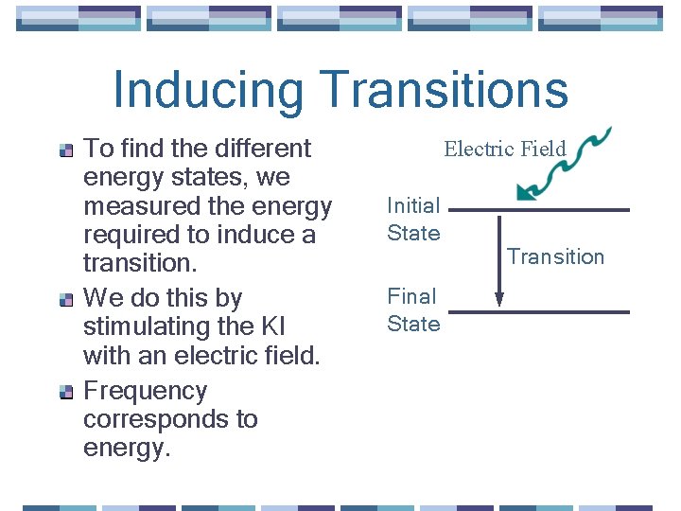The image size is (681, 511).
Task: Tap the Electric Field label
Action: tap(505, 149)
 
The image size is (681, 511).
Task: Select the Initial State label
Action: tap(413, 220)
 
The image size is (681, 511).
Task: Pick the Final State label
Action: tap(413, 310)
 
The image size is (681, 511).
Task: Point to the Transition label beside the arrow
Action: tap(555, 256)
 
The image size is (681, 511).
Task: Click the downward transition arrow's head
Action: tap(499, 300)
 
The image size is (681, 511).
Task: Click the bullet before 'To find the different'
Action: tap(66, 150)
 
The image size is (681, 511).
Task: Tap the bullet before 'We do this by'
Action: tap(66, 299)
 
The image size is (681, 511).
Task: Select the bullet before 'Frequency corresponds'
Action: tap(66, 392)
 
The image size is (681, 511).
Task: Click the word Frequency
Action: tap(145, 391)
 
